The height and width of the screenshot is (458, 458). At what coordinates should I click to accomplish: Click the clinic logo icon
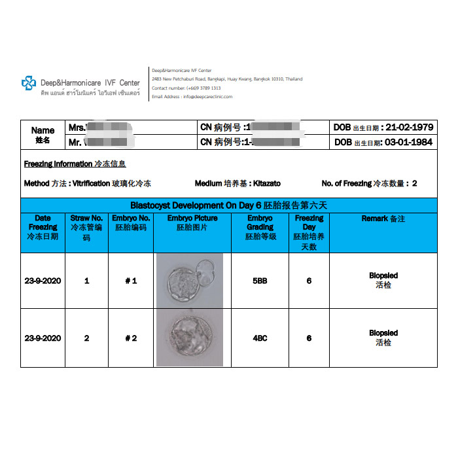click(x=29, y=83)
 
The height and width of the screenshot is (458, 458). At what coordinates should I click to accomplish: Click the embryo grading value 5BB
click(x=259, y=281)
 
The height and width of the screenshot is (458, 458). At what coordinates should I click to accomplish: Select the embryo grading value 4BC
click(x=259, y=338)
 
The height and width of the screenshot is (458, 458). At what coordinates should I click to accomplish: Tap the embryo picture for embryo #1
click(x=190, y=280)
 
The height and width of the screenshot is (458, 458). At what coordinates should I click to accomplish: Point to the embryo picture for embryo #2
click(x=190, y=338)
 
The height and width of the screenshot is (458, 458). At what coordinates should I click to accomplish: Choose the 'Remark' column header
click(x=383, y=219)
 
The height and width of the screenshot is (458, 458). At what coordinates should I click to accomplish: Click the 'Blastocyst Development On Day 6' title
click(x=229, y=205)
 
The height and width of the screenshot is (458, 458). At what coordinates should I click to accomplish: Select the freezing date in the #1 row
click(x=43, y=281)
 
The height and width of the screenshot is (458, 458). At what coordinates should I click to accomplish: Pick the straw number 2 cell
click(x=86, y=338)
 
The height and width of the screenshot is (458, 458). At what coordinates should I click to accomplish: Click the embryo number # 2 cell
click(x=131, y=338)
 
